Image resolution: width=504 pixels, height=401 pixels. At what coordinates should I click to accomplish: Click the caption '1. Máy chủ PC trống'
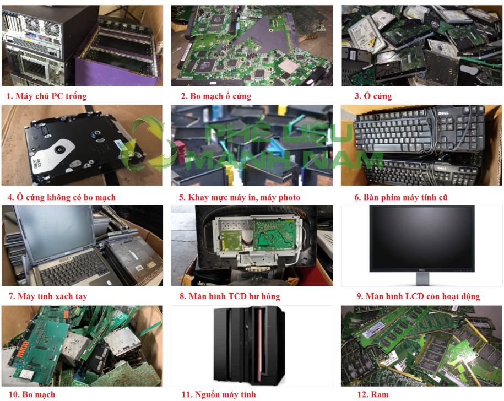point(47,96)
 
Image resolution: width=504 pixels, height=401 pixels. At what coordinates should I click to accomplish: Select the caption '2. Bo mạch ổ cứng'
point(216,96)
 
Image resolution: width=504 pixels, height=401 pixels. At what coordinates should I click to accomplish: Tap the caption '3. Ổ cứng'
point(373,96)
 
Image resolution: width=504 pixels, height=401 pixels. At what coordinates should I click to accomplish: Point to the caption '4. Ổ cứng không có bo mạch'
point(61,197)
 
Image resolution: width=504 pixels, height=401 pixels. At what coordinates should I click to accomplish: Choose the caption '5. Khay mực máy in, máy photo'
point(240,197)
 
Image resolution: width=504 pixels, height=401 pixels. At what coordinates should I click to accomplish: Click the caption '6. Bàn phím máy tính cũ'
point(401,197)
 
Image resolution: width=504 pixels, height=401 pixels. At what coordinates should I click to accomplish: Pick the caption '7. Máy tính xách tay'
point(48,296)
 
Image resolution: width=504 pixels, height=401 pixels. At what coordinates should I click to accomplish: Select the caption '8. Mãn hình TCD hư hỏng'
point(230,296)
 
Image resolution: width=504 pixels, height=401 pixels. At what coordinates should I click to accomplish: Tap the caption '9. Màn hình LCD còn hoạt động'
point(418,296)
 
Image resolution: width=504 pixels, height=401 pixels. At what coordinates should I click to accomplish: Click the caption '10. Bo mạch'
point(32,394)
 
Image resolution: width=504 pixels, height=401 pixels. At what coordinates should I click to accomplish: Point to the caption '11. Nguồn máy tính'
point(219,394)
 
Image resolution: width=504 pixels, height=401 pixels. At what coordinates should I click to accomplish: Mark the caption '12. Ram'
point(373,394)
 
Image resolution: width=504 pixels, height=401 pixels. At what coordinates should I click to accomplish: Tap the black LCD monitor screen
point(422,239)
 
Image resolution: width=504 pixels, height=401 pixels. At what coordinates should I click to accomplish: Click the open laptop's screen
point(55,233)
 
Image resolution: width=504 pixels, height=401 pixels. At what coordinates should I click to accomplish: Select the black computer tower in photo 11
point(249,345)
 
